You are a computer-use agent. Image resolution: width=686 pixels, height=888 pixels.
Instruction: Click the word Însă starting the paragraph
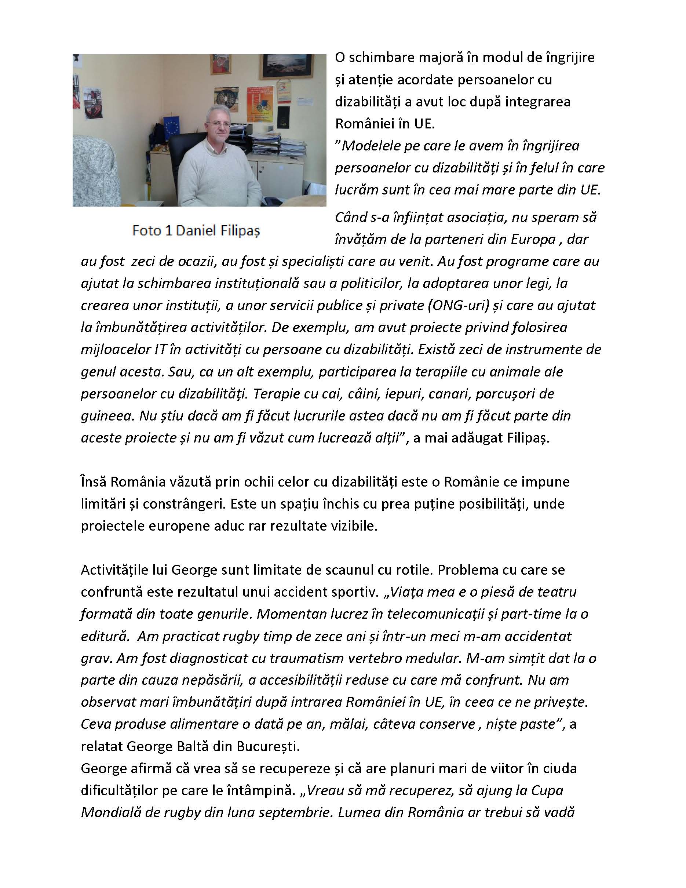click(x=93, y=482)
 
